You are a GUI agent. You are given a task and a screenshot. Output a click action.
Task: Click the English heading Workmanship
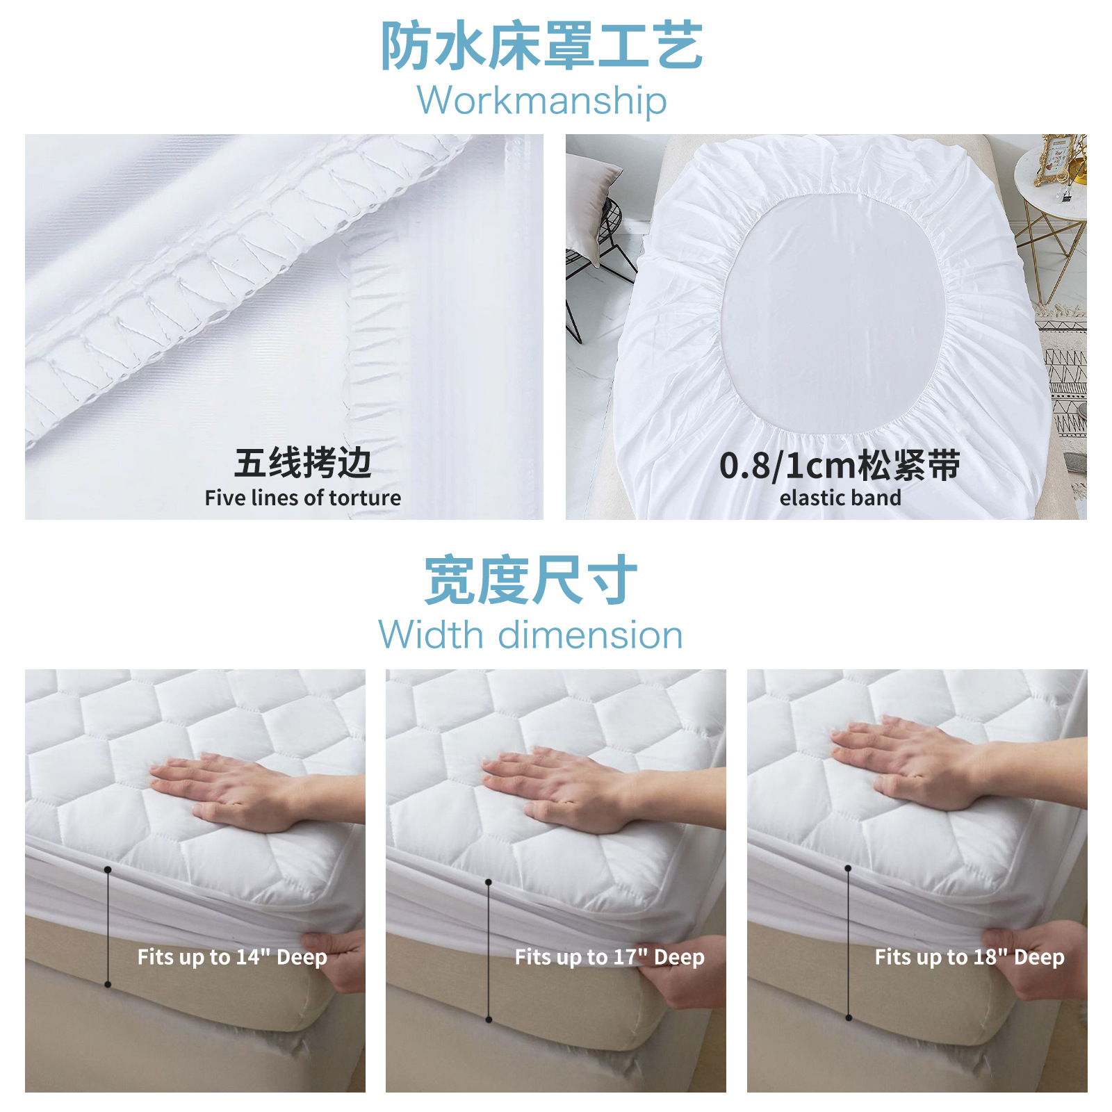[541, 101]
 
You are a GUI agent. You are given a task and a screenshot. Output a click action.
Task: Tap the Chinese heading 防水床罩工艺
[541, 46]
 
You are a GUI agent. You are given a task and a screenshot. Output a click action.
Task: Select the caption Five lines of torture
[302, 498]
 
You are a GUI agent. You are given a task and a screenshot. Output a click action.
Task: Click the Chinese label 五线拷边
[302, 463]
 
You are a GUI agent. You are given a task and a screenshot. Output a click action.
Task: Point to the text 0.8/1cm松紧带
[840, 465]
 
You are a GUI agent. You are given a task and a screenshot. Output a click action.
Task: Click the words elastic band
[840, 498]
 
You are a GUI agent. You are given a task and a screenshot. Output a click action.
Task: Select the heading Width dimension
[530, 635]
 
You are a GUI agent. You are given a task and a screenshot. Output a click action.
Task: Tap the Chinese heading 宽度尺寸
[530, 580]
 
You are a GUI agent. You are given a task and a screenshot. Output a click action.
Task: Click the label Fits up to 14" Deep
[232, 957]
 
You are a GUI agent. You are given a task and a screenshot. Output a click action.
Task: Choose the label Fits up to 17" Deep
[610, 957]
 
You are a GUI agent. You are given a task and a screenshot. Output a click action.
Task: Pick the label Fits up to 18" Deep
[970, 957]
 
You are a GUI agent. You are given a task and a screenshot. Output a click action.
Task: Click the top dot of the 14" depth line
[108, 869]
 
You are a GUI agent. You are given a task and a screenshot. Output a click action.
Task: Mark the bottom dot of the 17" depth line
[489, 1020]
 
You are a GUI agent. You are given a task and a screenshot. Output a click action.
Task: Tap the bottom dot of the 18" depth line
[849, 1018]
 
